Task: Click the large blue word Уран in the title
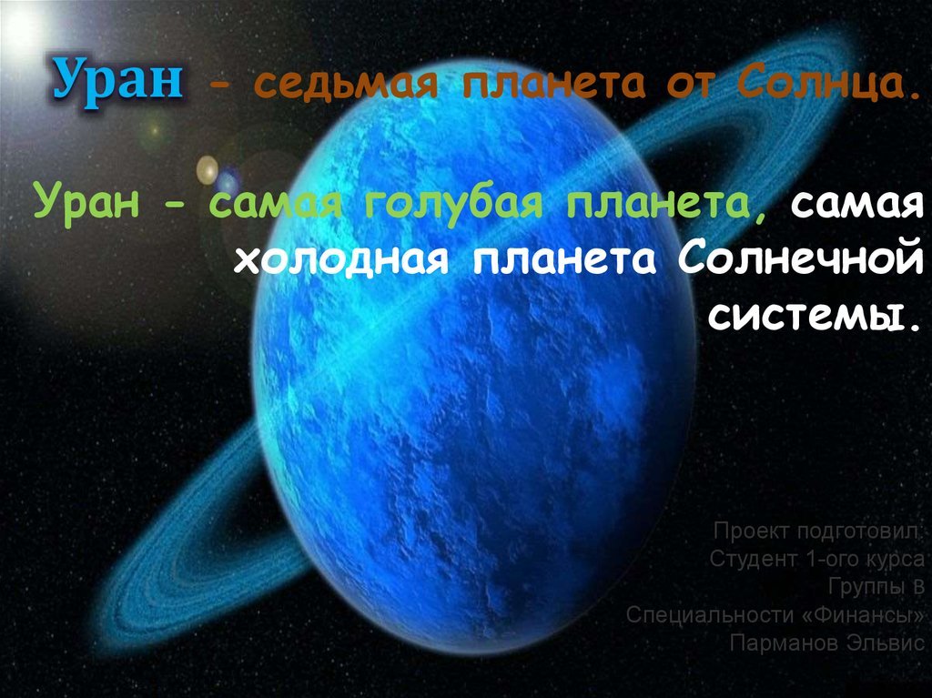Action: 116,83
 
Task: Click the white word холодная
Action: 341,259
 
